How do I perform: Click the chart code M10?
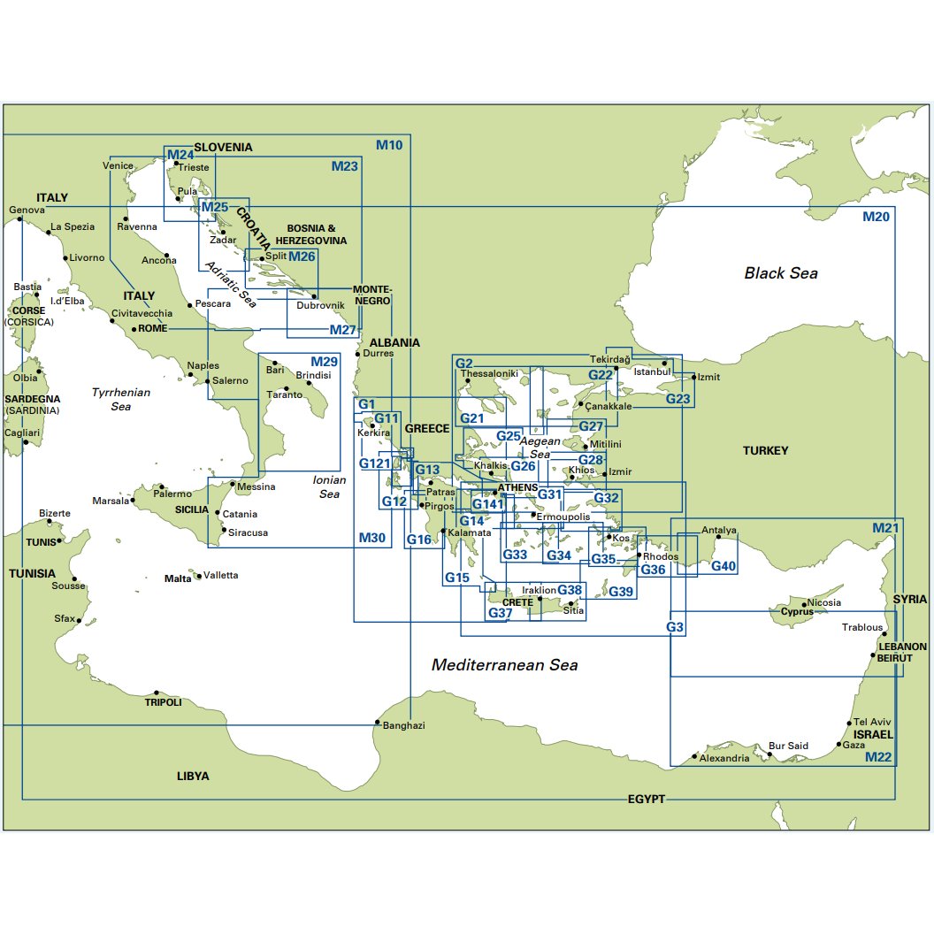(x=389, y=145)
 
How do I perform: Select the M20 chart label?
(x=876, y=217)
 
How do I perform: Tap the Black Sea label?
(x=781, y=273)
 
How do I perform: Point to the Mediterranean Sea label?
(x=504, y=665)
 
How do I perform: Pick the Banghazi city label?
(x=404, y=725)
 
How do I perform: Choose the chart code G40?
(x=723, y=566)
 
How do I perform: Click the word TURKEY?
(x=765, y=450)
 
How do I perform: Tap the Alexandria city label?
(x=724, y=758)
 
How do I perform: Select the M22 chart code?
(x=878, y=757)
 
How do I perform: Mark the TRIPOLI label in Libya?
(x=163, y=702)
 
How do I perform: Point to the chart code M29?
(x=324, y=362)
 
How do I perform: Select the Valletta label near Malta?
(x=220, y=575)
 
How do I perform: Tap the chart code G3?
(x=675, y=627)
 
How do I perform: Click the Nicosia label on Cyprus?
(x=824, y=602)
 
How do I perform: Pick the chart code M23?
(x=345, y=166)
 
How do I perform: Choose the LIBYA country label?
(x=193, y=776)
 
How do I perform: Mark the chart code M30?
(x=372, y=538)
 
